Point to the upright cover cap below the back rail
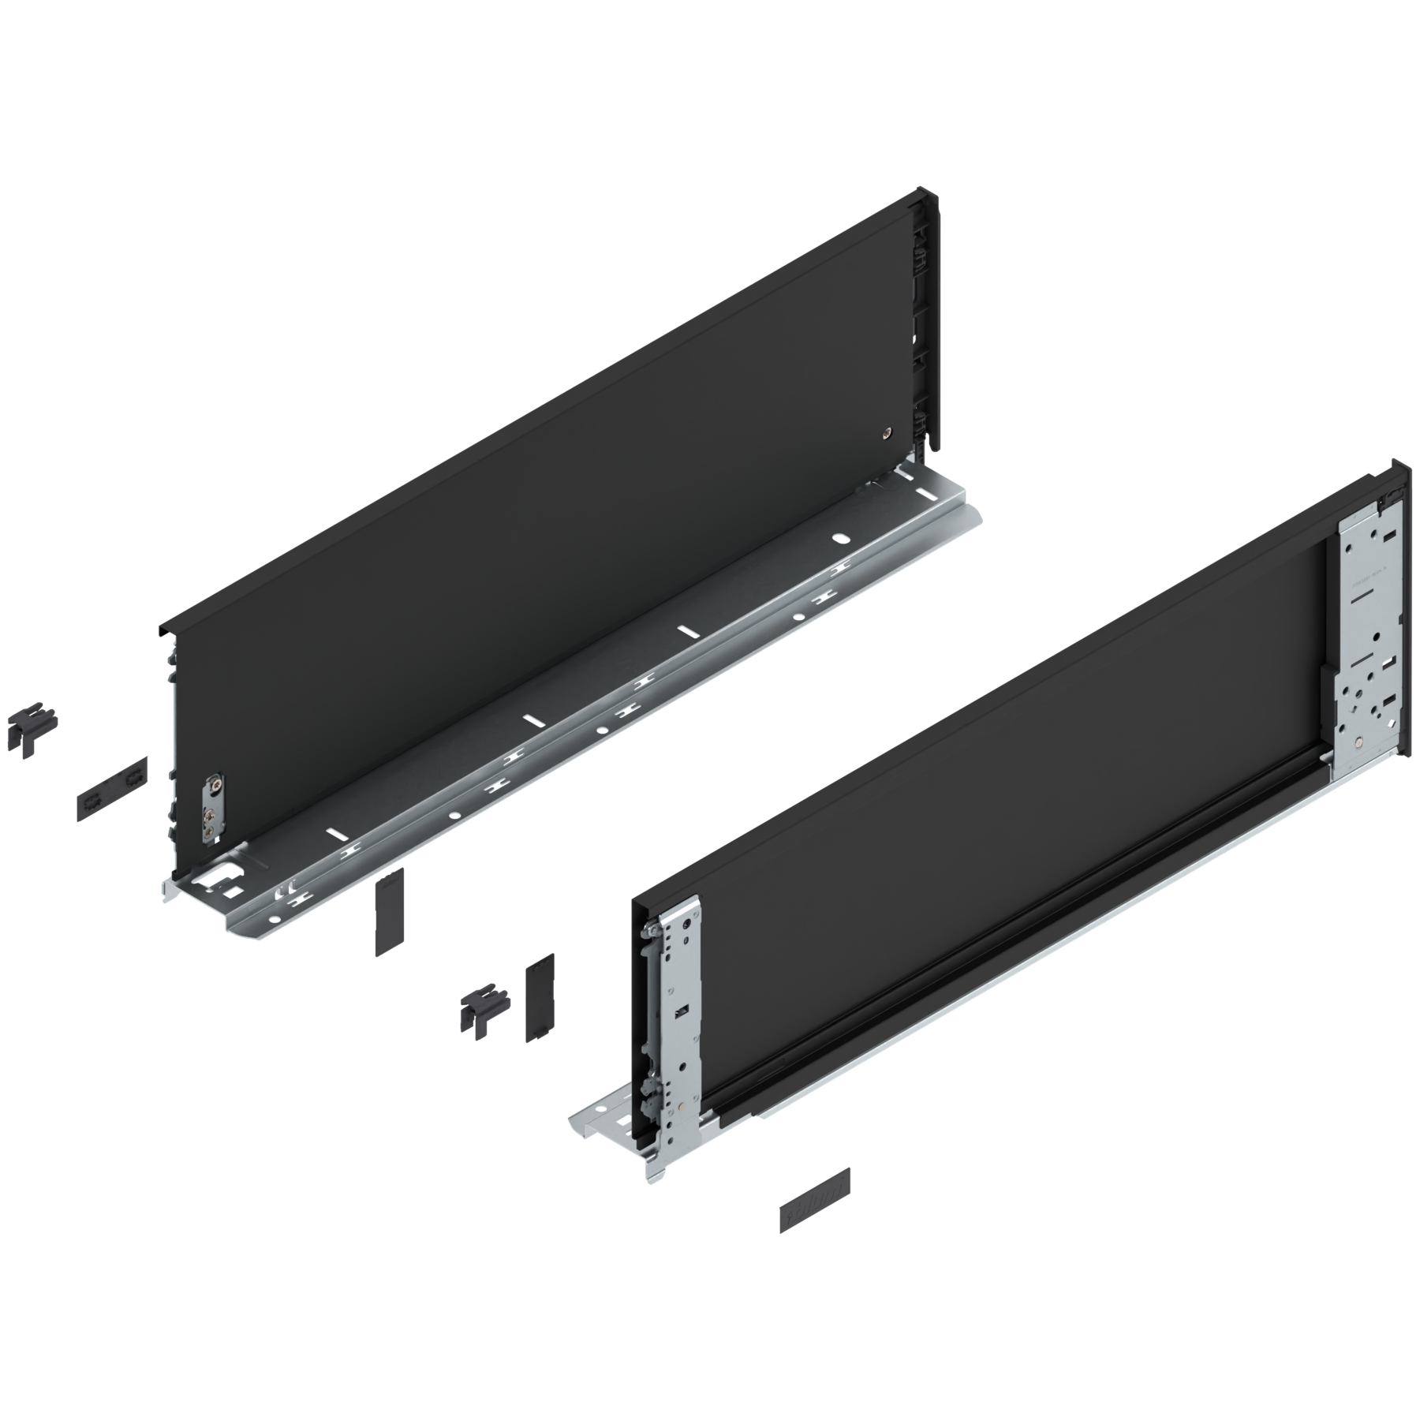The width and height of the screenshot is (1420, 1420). point(389,911)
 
